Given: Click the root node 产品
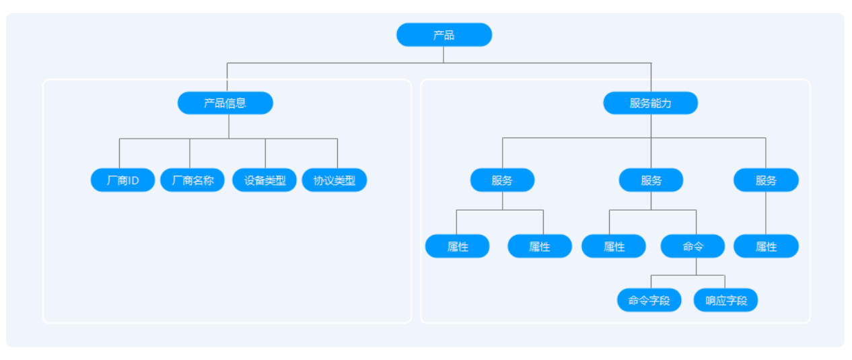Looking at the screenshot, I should pyautogui.click(x=443, y=35).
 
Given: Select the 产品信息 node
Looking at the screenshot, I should pyautogui.click(x=225, y=103).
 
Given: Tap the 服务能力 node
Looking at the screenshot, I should pyautogui.click(x=650, y=103).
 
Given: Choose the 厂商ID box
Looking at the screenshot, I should pyautogui.click(x=122, y=180).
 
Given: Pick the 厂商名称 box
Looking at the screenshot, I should pyautogui.click(x=192, y=180).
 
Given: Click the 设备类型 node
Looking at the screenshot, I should pyautogui.click(x=264, y=180).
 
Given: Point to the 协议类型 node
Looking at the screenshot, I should pyautogui.click(x=334, y=180).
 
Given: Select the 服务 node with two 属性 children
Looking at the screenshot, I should pyautogui.click(x=502, y=180).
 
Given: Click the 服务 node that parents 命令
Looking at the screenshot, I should pyautogui.click(x=651, y=180).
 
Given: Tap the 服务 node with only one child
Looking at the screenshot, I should pyautogui.click(x=766, y=180).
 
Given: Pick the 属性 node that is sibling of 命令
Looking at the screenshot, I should pyautogui.click(x=614, y=246).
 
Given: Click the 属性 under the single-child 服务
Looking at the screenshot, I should pyautogui.click(x=766, y=246).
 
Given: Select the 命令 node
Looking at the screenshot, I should pyautogui.click(x=693, y=246).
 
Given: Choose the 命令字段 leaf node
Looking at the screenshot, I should pyautogui.click(x=649, y=300).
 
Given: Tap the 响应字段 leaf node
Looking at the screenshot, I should pyautogui.click(x=725, y=300).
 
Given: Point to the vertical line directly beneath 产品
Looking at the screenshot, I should pyautogui.click(x=443, y=55).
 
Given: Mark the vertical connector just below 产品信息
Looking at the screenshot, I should pyautogui.click(x=229, y=127).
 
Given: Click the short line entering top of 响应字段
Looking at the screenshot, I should pyautogui.click(x=725, y=282).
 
